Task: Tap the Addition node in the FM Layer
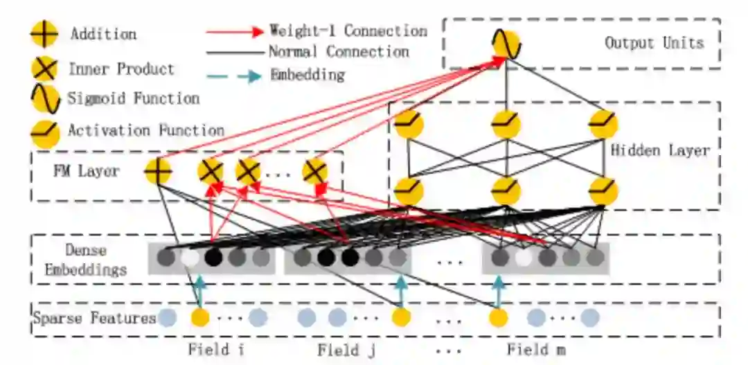(x=158, y=170)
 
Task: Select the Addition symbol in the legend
(x=44, y=34)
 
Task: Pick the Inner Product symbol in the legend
(x=44, y=69)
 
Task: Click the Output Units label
(x=654, y=43)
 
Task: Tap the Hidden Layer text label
(x=660, y=150)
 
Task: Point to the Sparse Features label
(x=94, y=319)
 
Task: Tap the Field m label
(x=535, y=349)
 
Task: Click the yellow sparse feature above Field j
(x=401, y=318)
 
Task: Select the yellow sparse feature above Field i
(x=200, y=318)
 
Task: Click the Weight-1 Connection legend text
(x=348, y=31)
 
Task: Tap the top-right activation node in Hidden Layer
(x=603, y=125)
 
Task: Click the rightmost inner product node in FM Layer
(x=315, y=170)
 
